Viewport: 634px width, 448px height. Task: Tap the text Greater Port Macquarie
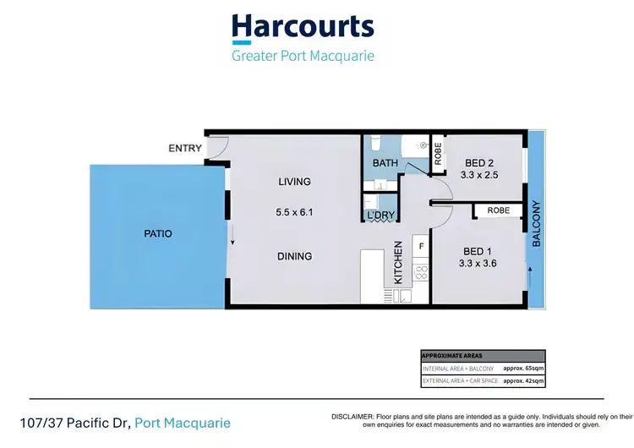coord(303,57)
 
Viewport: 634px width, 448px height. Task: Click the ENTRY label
coord(185,149)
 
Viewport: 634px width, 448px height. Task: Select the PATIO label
coord(157,233)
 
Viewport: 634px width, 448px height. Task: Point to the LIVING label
coord(295,181)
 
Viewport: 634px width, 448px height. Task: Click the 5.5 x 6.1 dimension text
coord(295,213)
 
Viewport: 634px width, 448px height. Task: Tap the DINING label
coord(295,256)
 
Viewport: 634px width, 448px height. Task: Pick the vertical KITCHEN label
coord(398,261)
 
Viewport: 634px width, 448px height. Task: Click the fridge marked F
coord(420,245)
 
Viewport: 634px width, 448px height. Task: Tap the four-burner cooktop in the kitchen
coord(420,273)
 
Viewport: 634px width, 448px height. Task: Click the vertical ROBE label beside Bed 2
coord(438,154)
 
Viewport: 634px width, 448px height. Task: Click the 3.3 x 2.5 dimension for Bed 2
coord(478,175)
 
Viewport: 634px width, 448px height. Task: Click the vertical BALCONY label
coord(536,224)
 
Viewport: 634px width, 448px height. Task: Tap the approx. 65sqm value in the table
coord(523,369)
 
